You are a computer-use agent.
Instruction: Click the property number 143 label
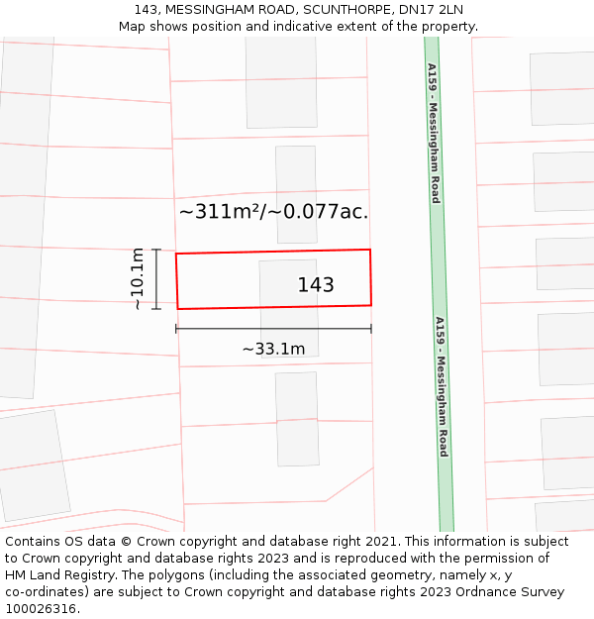(x=316, y=285)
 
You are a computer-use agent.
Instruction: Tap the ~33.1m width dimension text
(x=273, y=349)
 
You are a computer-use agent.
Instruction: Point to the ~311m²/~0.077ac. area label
(x=273, y=211)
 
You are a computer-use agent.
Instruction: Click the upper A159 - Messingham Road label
(x=434, y=133)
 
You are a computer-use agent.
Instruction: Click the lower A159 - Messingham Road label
(x=443, y=386)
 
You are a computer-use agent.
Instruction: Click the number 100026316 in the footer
(x=43, y=608)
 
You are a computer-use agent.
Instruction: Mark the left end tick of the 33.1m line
(x=176, y=329)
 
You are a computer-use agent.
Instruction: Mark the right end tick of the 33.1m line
(x=371, y=329)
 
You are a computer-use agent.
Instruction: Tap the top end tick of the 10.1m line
(x=156, y=250)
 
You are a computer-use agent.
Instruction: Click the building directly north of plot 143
(x=296, y=194)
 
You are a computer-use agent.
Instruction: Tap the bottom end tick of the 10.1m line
(x=156, y=309)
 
